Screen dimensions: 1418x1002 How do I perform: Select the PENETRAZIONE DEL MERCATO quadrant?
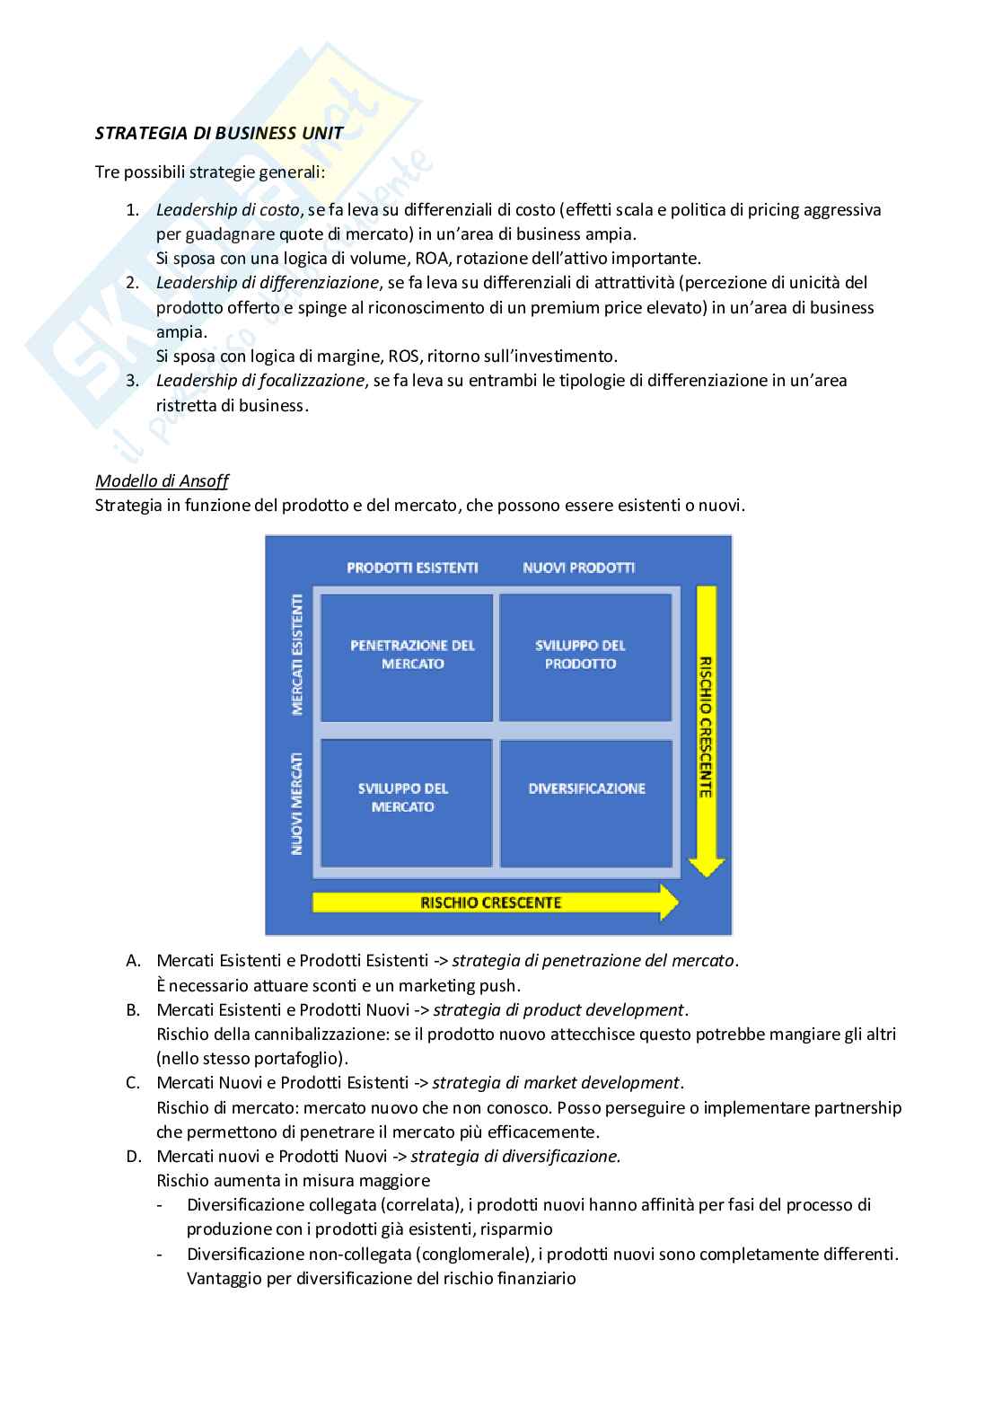click(x=407, y=656)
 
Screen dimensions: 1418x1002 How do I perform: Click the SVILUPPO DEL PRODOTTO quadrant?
click(x=585, y=656)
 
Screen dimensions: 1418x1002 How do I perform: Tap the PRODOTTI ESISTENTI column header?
click(x=412, y=568)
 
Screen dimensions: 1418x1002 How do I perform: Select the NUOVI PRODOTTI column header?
click(x=578, y=568)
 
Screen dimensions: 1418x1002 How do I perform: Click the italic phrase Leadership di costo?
click(x=227, y=210)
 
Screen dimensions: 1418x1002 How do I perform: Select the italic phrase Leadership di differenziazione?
click(x=267, y=283)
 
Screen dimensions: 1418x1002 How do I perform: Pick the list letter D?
click(x=133, y=1157)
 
